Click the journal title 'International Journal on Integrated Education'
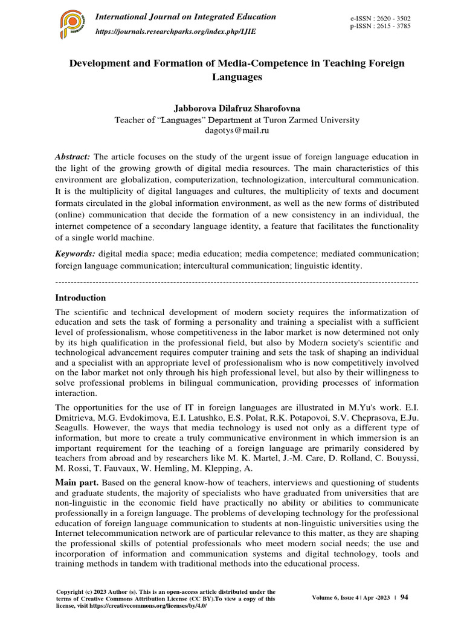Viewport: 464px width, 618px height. (185, 17)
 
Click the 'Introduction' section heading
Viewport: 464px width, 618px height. (80, 298)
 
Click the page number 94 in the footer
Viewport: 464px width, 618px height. (404, 597)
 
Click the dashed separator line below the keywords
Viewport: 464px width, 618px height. (236, 282)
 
